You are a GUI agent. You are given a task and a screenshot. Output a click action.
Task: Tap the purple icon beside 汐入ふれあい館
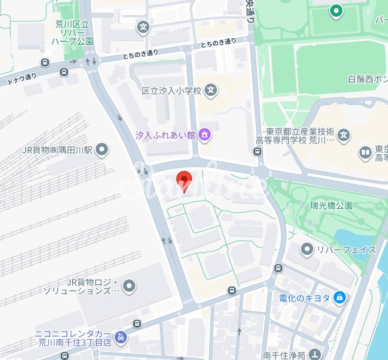205,134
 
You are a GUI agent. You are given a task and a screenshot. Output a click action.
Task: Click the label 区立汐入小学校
171,91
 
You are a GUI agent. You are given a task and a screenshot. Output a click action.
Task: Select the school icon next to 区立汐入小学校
211,90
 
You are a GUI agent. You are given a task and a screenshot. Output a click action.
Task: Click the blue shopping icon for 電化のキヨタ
339,297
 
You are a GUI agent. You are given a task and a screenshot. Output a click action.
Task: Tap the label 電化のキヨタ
305,298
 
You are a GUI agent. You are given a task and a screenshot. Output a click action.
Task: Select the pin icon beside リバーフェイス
307,249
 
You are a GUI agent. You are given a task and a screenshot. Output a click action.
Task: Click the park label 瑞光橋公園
331,205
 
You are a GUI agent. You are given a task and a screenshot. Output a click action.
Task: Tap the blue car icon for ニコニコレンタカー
121,337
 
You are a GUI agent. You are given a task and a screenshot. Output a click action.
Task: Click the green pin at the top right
336,10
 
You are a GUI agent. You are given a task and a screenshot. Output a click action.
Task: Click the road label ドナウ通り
22,79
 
